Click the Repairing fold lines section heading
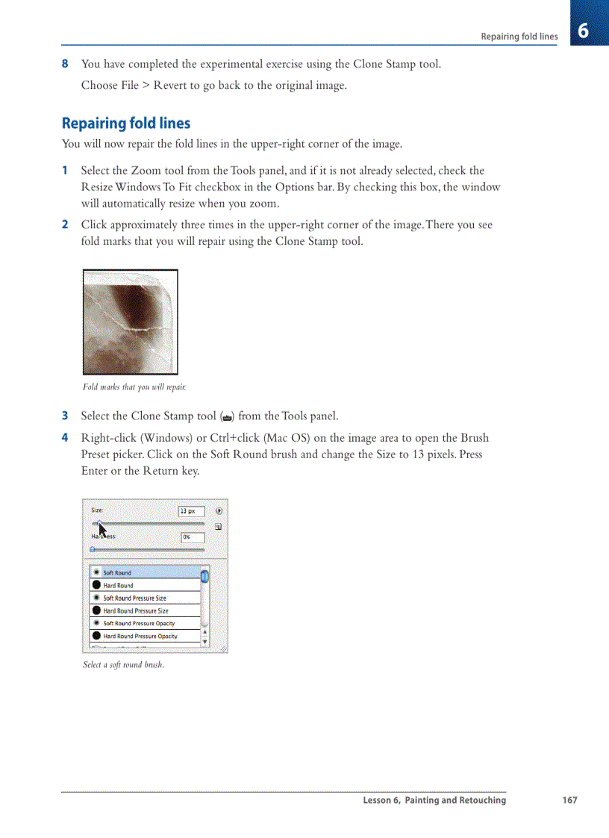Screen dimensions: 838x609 pyautogui.click(x=125, y=124)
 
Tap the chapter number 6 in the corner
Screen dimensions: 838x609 pyautogui.click(x=584, y=31)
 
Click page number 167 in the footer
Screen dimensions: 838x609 pyautogui.click(x=569, y=800)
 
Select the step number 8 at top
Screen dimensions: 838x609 pyautogui.click(x=65, y=64)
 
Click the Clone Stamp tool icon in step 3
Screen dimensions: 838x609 pyautogui.click(x=228, y=417)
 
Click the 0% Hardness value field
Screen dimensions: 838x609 pyautogui.click(x=193, y=537)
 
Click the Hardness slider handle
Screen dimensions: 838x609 pyautogui.click(x=92, y=549)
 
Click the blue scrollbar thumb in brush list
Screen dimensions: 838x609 pyautogui.click(x=204, y=576)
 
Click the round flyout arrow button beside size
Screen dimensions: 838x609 pyautogui.click(x=219, y=511)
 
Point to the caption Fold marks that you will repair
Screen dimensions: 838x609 pyautogui.click(x=134, y=387)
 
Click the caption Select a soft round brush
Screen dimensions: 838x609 pyautogui.click(x=123, y=665)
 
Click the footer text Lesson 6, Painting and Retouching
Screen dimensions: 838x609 pyautogui.click(x=434, y=800)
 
